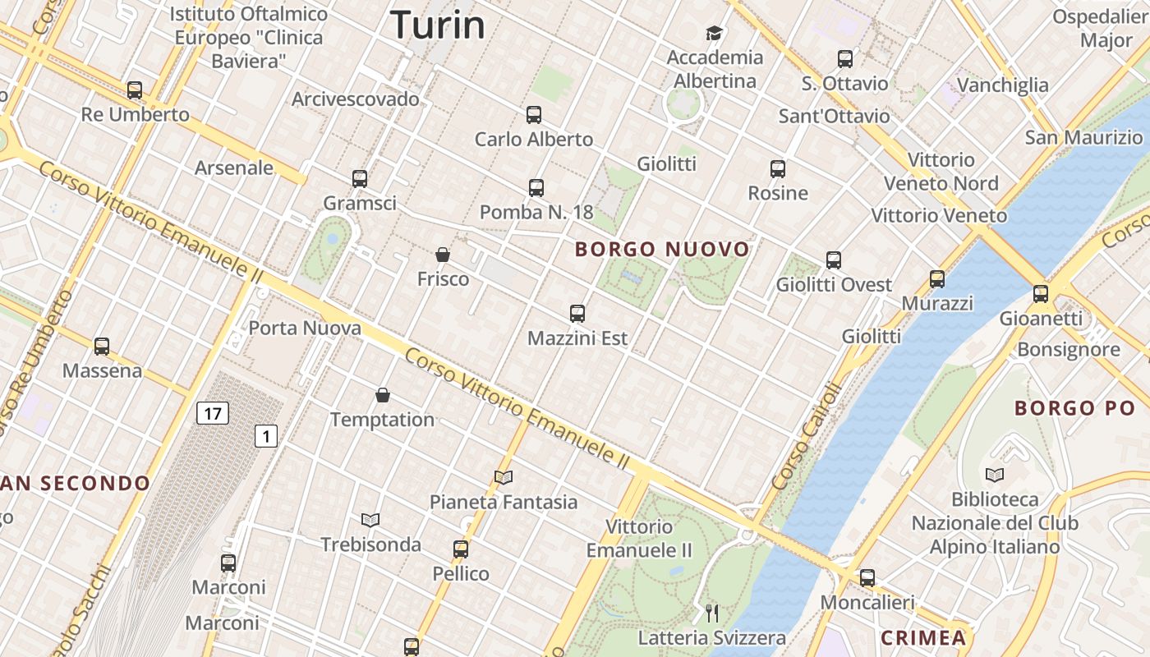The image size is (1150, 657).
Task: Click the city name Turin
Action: click(x=437, y=25)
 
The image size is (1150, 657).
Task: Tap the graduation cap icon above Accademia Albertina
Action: click(x=714, y=33)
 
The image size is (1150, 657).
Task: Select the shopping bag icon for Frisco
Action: click(x=443, y=255)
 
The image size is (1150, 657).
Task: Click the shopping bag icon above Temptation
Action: click(x=382, y=395)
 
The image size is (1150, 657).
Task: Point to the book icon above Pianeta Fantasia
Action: click(x=504, y=477)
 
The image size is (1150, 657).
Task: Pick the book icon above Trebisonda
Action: click(x=370, y=520)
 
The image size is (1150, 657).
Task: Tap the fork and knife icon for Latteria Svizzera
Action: click(x=712, y=613)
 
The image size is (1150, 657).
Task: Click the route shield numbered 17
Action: click(x=212, y=413)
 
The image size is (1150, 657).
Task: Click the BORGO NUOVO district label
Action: click(x=662, y=249)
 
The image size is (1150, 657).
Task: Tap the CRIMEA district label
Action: click(x=923, y=637)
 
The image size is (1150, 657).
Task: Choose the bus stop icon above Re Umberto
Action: click(x=135, y=90)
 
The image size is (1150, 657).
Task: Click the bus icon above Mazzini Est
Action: click(x=577, y=313)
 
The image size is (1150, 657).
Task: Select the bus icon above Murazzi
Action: click(x=937, y=278)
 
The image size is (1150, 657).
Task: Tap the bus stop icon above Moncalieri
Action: click(x=867, y=577)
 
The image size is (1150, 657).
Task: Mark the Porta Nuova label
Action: click(x=305, y=328)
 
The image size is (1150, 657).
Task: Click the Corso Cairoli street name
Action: click(x=808, y=436)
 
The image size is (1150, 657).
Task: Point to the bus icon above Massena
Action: click(x=102, y=347)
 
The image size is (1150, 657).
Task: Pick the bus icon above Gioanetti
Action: click(x=1041, y=293)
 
